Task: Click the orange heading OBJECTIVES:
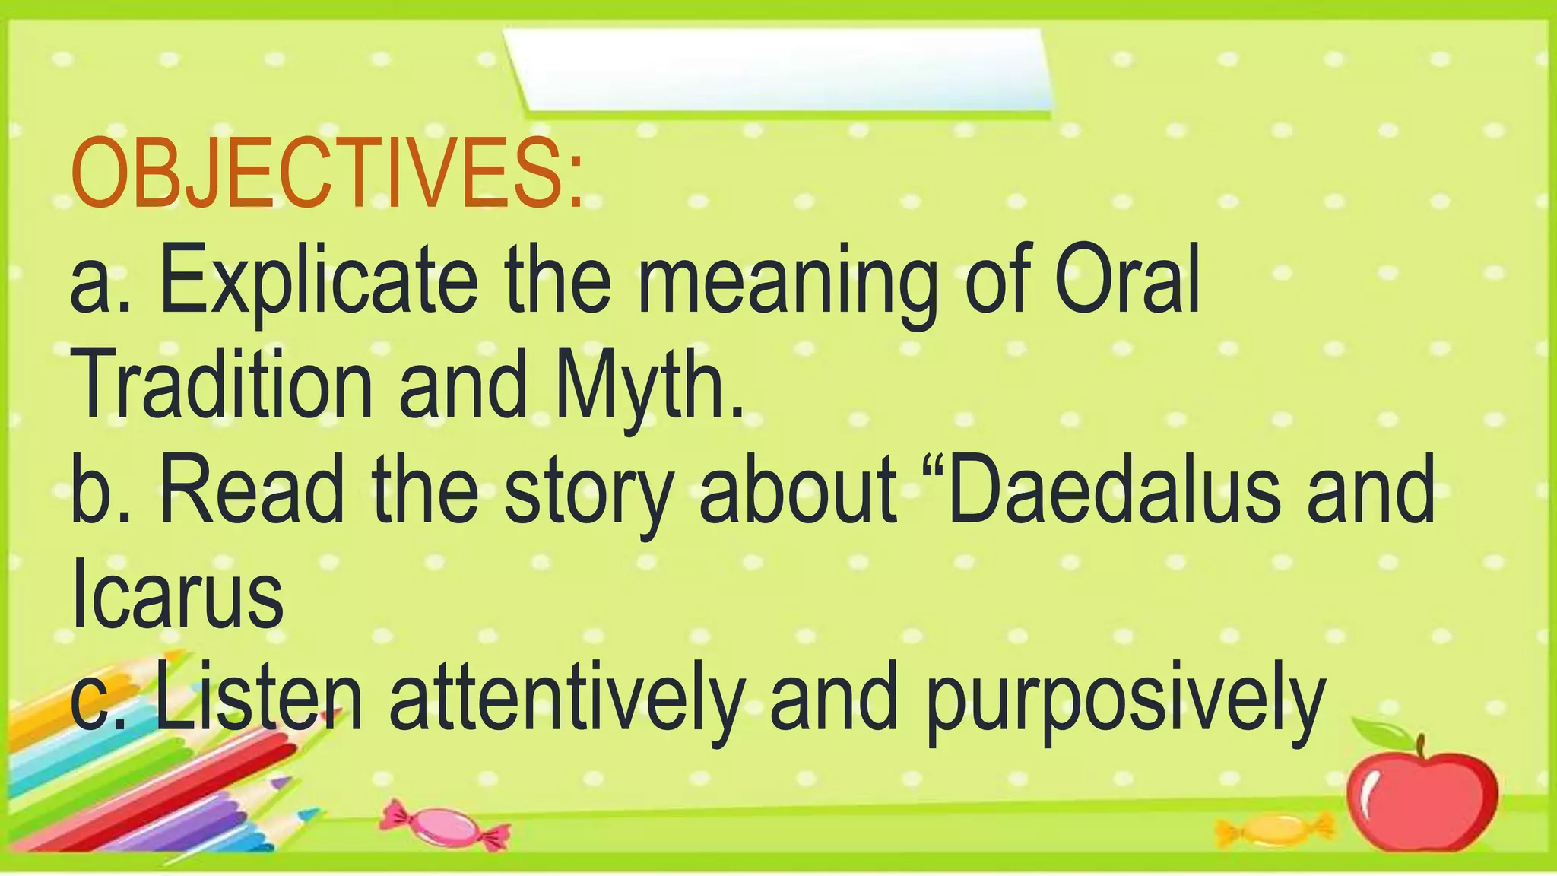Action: [327, 175]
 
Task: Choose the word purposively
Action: [1125, 703]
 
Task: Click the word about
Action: [798, 492]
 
